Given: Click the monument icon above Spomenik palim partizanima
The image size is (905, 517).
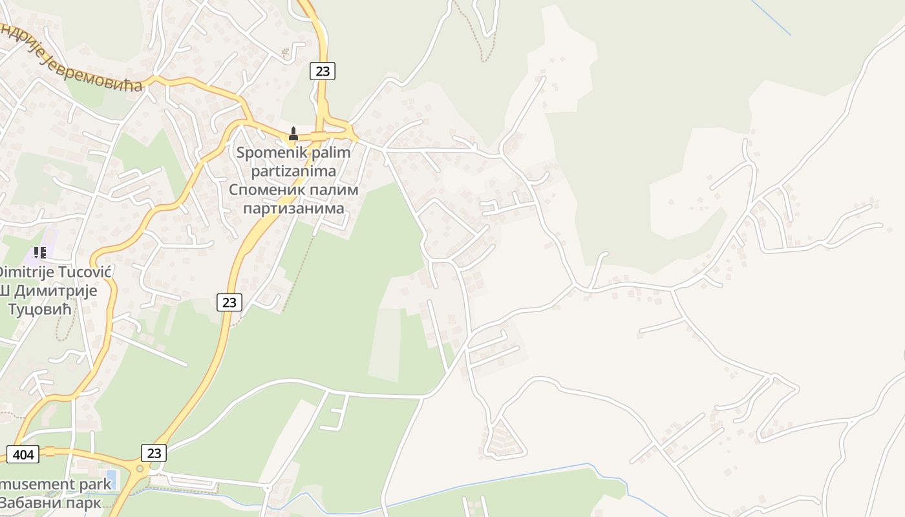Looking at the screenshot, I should pos(293,134).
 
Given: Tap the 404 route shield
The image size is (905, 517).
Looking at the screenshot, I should pos(23,454).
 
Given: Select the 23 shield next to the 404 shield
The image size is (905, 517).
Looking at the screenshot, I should pos(154,453).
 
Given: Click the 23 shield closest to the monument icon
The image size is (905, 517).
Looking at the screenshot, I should pos(323,71).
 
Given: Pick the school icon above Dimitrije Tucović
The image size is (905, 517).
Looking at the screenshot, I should pos(40,252).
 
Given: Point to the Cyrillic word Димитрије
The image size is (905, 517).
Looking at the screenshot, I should pos(56,290).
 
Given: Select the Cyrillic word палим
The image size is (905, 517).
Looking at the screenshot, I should pos(332,191).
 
